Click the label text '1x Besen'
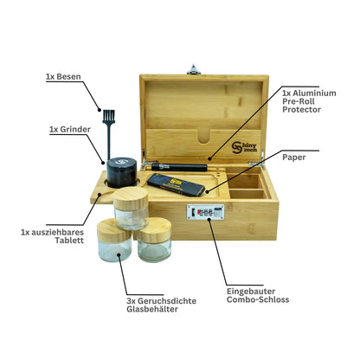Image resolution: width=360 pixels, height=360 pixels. (63, 77)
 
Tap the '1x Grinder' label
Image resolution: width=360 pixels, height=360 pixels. (70, 130)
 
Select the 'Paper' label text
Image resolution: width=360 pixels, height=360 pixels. (294, 157)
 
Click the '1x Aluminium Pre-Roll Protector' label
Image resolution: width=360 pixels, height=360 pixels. (309, 101)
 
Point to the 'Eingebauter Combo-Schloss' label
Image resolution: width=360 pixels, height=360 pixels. (258, 295)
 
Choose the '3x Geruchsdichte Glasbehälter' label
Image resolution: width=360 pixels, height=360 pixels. (161, 305)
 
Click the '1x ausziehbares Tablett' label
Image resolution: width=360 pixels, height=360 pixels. (52, 236)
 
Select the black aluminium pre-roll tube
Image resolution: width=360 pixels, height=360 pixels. (179, 167)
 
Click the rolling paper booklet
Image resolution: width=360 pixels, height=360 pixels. (177, 184)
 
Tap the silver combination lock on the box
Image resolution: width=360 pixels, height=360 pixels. (205, 212)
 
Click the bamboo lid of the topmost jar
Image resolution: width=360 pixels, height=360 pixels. (131, 198)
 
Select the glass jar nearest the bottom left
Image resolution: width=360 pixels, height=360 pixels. (114, 241)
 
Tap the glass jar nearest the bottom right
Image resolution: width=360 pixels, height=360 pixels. (154, 241)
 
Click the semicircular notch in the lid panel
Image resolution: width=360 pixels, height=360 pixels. (204, 136)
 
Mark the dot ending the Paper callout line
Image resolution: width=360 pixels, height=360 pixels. (207, 190)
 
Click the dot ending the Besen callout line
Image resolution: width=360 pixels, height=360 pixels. (100, 110)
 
